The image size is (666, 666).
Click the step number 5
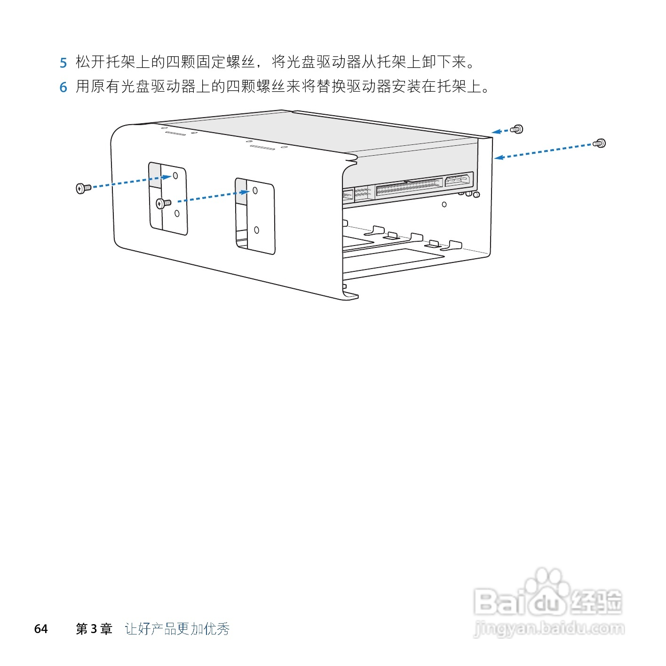pyautogui.click(x=63, y=63)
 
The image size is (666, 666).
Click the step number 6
pyautogui.click(x=63, y=87)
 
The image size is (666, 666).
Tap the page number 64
pyautogui.click(x=41, y=629)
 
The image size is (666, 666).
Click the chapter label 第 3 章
pyautogui.click(x=94, y=629)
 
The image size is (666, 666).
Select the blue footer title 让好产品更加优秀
pyautogui.click(x=177, y=629)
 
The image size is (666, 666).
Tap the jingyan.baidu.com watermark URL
pyautogui.click(x=549, y=628)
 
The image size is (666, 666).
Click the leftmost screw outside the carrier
pyautogui.click(x=83, y=189)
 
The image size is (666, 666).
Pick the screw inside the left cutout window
pyautogui.click(x=163, y=203)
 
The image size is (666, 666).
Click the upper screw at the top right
pyautogui.click(x=517, y=129)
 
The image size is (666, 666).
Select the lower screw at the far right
pyautogui.click(x=599, y=143)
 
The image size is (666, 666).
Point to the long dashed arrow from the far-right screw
pyautogui.click(x=546, y=151)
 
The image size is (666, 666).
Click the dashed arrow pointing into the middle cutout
pyautogui.click(x=212, y=197)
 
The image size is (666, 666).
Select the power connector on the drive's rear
pyautogui.click(x=458, y=179)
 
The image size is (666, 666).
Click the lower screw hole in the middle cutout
pyautogui.click(x=256, y=230)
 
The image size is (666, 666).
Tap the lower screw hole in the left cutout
pyautogui.click(x=177, y=214)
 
